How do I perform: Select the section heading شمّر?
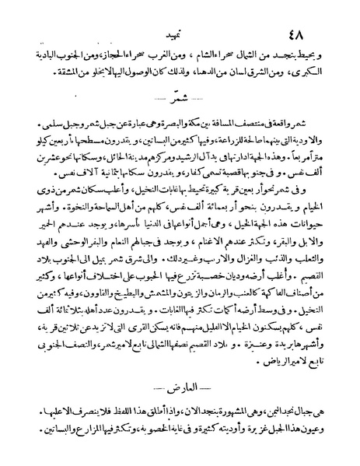(x=180, y=100)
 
